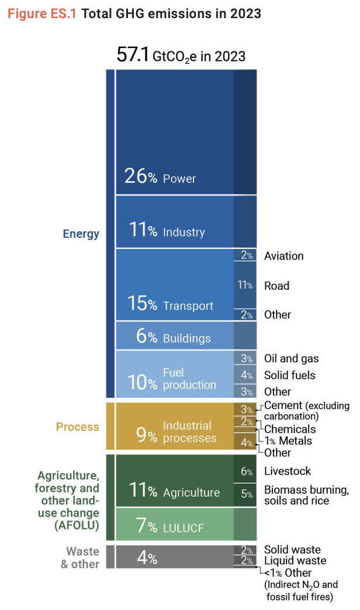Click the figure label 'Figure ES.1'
coord(42,13)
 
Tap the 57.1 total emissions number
coord(133,56)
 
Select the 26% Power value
coord(140,176)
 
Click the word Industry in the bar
coord(184,232)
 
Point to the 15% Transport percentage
coord(142,304)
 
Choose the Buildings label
coord(186,338)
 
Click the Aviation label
coord(283,256)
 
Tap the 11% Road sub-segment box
coord(245,285)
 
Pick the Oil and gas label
coord(291,358)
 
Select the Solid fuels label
coord(289,375)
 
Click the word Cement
coord(283,405)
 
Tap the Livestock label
coord(288,471)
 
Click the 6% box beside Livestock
coord(245,472)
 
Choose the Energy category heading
coord(81,234)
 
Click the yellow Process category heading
coord(77,427)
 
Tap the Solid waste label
coord(292,550)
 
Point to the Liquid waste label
coord(295,561)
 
